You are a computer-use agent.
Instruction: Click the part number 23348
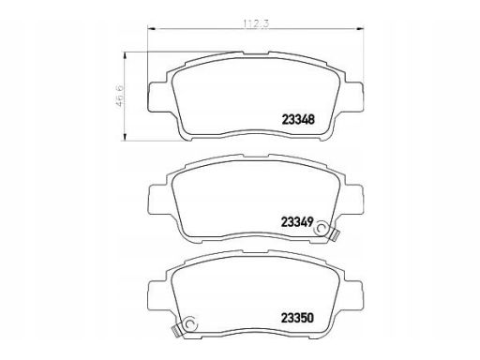pyautogui.click(x=298, y=120)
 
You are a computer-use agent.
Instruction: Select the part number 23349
pyautogui.click(x=297, y=222)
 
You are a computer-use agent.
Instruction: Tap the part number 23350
pyautogui.click(x=297, y=318)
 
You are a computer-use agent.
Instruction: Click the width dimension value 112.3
pyautogui.click(x=256, y=23)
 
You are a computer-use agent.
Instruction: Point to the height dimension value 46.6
pyautogui.click(x=120, y=96)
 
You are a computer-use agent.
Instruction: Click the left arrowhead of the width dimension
pyautogui.click(x=151, y=29)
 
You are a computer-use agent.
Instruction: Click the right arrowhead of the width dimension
pyautogui.click(x=360, y=29)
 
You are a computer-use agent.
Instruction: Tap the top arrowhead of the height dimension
pyautogui.click(x=125, y=56)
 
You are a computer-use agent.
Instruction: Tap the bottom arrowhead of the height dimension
pyautogui.click(x=125, y=137)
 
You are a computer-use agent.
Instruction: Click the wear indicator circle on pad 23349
pyautogui.click(x=322, y=228)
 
